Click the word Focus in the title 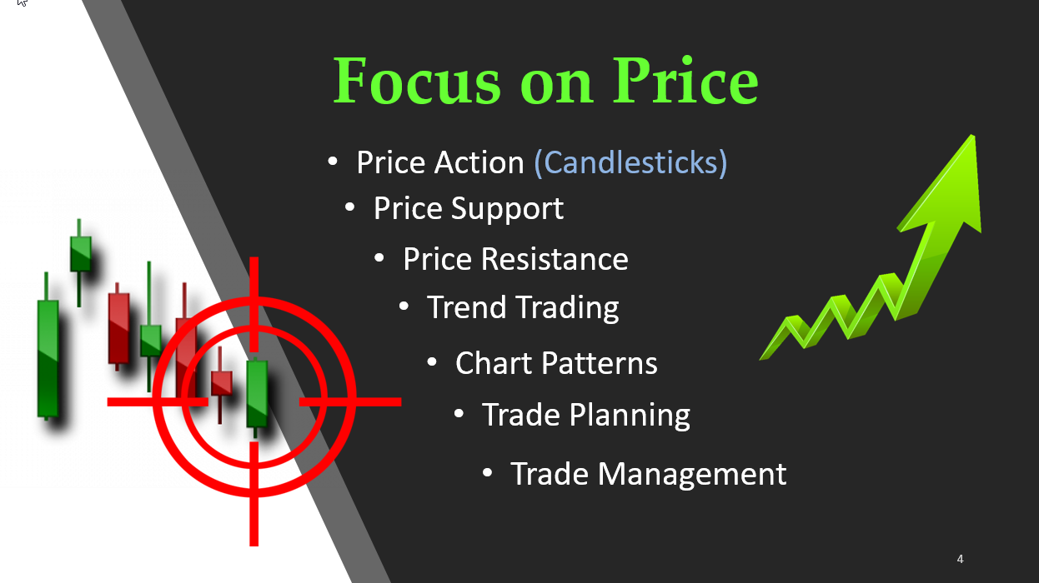417,80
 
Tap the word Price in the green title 685,80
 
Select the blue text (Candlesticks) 630,162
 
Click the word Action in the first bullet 479,162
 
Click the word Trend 467,306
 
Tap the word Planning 630,416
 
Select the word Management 692,475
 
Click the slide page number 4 960,559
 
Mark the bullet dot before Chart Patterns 432,362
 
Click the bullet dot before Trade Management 487,473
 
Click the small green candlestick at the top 80,262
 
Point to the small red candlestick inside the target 221,384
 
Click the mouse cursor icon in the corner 22,2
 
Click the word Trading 568,307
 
